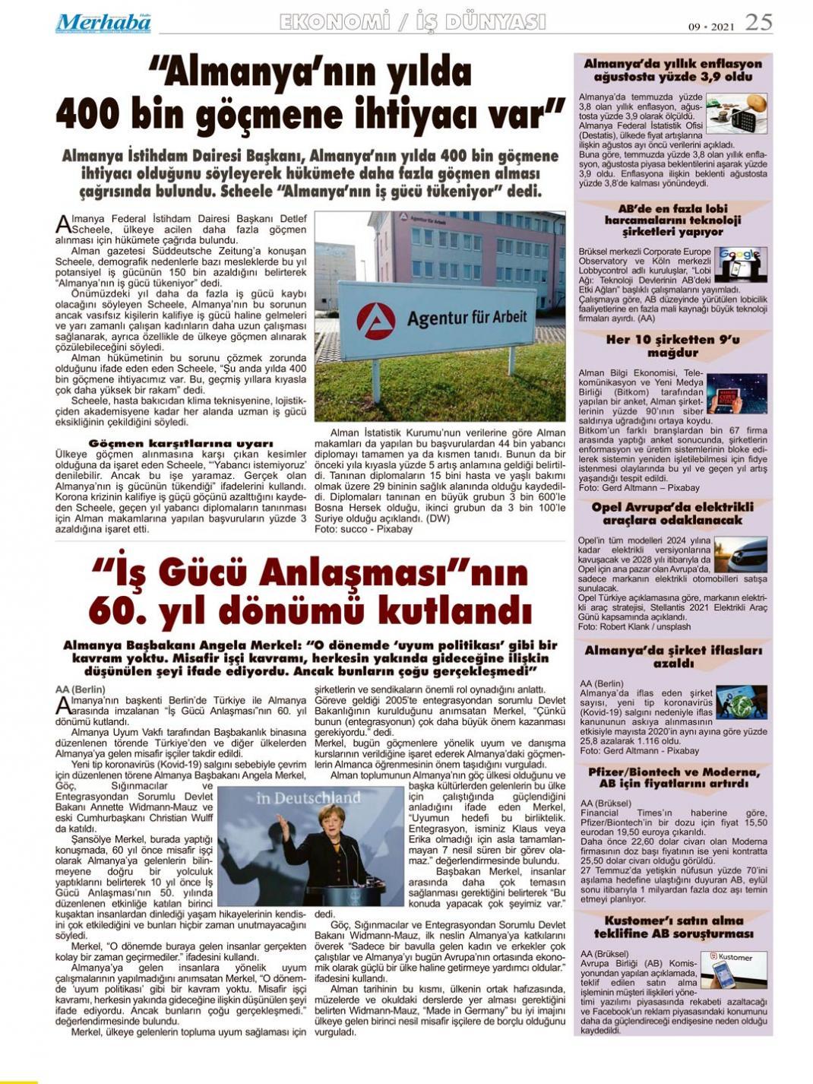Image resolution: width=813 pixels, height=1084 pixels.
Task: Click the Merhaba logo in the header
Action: [x=103, y=24]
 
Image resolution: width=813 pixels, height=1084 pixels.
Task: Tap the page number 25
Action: [x=758, y=23]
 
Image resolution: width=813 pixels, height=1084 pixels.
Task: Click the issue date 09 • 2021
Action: [x=712, y=26]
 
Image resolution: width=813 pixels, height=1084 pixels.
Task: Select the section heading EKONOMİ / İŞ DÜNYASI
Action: [x=413, y=23]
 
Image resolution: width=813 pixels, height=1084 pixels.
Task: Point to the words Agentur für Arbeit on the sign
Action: [x=467, y=317]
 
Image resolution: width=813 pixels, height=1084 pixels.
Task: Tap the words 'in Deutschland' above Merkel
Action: [x=308, y=798]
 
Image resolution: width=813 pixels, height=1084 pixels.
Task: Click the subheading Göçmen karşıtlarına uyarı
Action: [x=181, y=443]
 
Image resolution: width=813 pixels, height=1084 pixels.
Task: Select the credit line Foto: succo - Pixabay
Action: [x=363, y=529]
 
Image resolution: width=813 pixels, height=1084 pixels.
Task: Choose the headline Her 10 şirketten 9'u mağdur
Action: [x=672, y=346]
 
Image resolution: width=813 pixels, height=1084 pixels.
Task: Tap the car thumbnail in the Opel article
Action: [x=740, y=555]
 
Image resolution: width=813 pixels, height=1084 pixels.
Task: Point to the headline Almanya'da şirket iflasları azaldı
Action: [x=672, y=657]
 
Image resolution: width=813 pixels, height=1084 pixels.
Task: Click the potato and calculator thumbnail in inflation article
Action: [x=736, y=113]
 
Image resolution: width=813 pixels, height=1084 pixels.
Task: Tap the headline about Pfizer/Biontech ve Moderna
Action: [x=672, y=777]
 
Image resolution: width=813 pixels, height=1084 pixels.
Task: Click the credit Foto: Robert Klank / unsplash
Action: [x=634, y=627]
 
